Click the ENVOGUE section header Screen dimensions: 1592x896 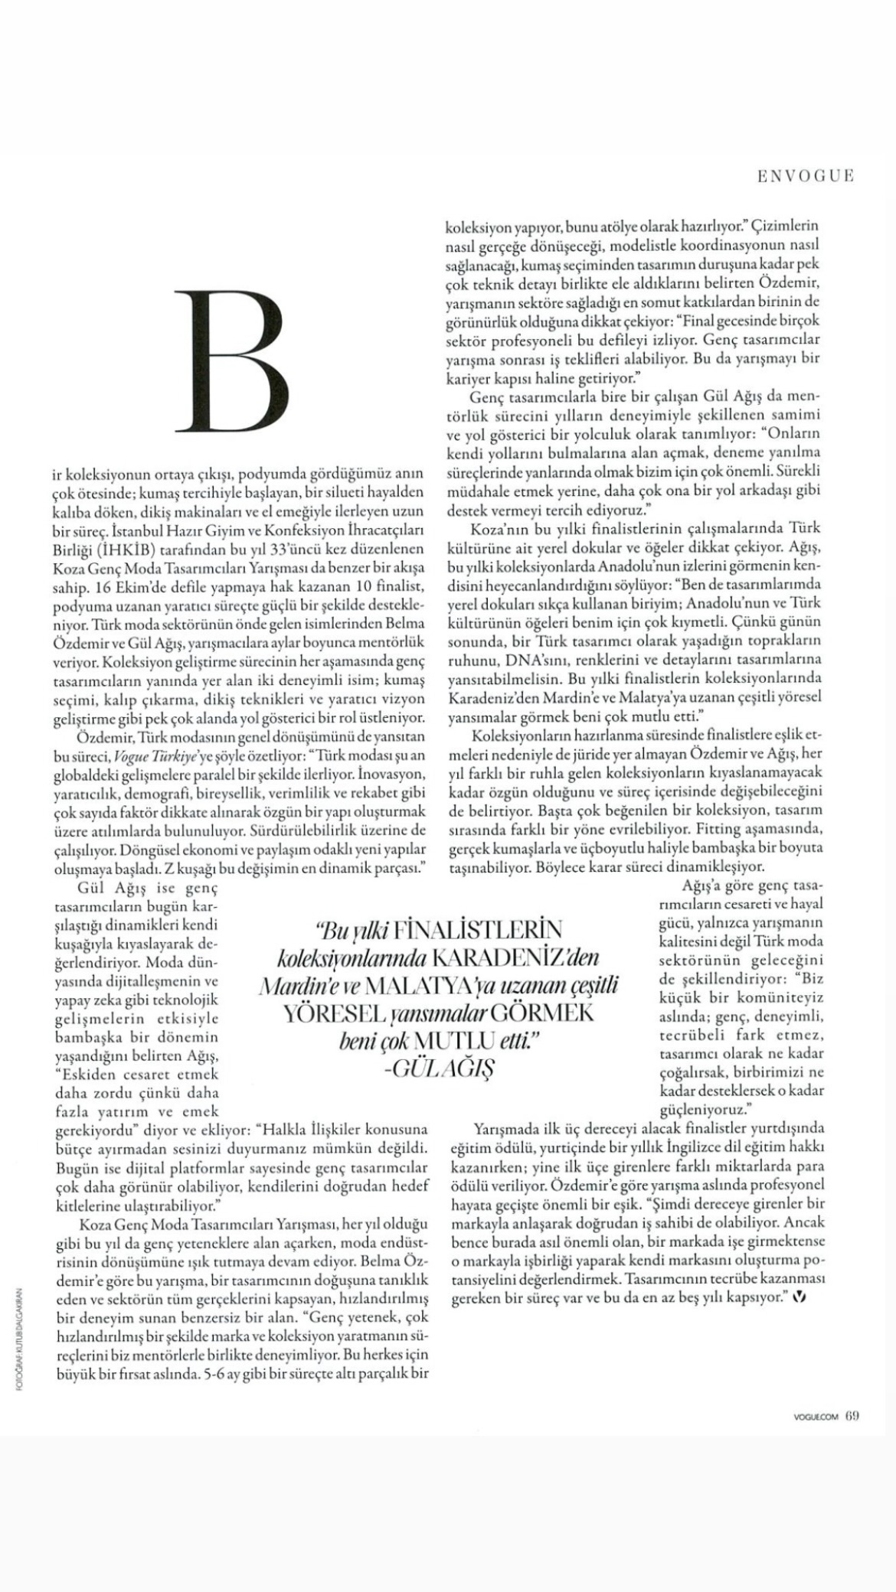click(805, 176)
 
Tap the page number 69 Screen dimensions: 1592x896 click(852, 1414)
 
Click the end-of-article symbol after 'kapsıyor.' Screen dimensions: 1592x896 click(801, 1297)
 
